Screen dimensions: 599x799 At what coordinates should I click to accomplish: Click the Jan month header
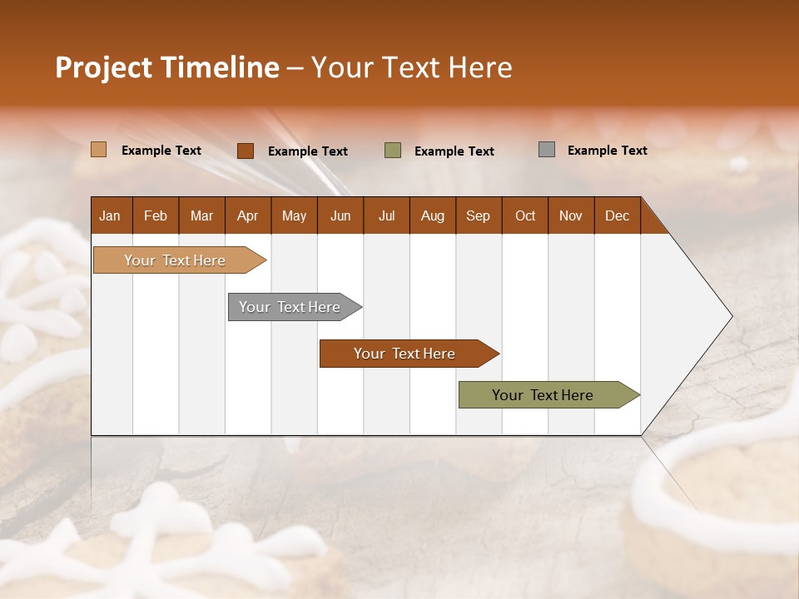(x=111, y=215)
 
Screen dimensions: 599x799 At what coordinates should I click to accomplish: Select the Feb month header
(x=156, y=215)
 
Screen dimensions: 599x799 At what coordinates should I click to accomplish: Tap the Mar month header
(x=201, y=215)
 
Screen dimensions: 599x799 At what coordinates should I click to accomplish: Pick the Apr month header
(x=248, y=215)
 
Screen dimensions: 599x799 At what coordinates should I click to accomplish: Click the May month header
(x=294, y=215)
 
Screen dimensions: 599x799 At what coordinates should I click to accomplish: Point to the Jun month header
(x=340, y=215)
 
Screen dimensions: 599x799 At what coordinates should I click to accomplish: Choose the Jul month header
(x=386, y=215)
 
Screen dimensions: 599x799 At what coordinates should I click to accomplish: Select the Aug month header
(x=433, y=215)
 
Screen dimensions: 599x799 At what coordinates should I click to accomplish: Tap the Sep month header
(x=479, y=215)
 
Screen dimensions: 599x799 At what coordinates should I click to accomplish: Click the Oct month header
(x=525, y=215)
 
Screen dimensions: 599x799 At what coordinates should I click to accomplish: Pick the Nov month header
(x=571, y=215)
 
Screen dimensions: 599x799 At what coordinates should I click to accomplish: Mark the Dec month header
(x=618, y=215)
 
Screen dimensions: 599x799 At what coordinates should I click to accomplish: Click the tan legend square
(x=99, y=150)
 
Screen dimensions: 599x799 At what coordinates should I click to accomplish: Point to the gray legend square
(x=547, y=150)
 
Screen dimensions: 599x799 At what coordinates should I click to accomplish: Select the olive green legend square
(x=393, y=150)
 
